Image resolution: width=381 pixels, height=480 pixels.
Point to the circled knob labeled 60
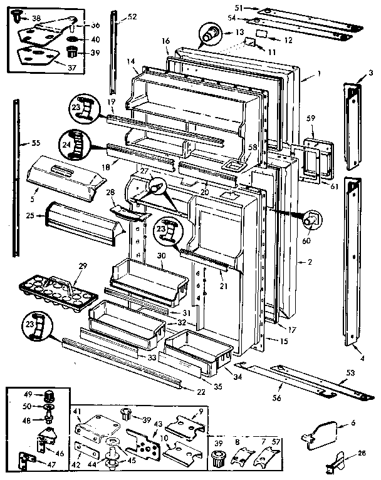pyautogui.click(x=310, y=221)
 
